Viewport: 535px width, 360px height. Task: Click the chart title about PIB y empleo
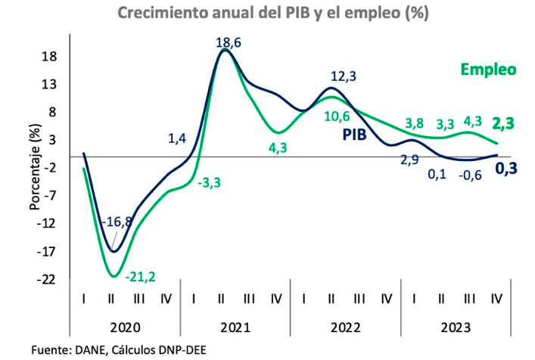(x=273, y=13)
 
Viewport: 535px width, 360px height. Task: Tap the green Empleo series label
(x=488, y=70)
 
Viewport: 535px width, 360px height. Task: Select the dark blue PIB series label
(x=354, y=135)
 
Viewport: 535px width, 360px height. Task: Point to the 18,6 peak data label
(x=229, y=42)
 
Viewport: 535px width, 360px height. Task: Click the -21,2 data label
(x=140, y=277)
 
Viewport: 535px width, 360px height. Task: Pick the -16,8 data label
(x=117, y=222)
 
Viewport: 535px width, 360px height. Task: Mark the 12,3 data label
(x=344, y=76)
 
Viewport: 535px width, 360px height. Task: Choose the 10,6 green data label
(x=337, y=116)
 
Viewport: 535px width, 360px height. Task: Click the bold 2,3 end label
(x=503, y=123)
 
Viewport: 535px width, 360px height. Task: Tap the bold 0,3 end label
(x=506, y=169)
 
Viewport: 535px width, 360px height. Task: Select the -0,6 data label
(x=470, y=175)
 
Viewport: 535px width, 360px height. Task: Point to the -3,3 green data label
(x=209, y=183)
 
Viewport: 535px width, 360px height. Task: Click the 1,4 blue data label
(x=177, y=138)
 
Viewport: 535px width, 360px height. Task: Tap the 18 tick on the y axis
(x=49, y=56)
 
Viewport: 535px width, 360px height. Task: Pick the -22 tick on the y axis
(x=46, y=280)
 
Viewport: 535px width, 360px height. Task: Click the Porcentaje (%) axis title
(x=35, y=166)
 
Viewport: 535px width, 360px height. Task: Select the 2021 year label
(x=235, y=327)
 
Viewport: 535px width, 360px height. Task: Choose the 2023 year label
(x=456, y=327)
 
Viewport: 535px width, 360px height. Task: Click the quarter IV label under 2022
(x=387, y=299)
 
